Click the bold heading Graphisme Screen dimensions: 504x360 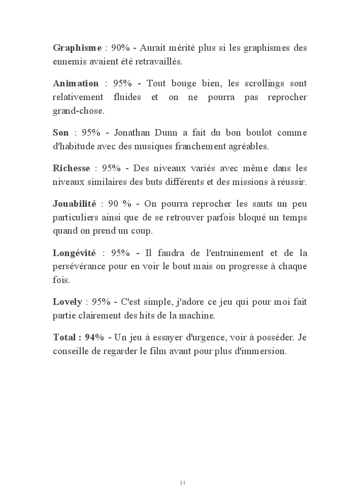77,48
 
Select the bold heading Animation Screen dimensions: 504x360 76,83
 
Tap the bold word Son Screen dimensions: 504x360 60,133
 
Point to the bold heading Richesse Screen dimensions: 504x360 71,168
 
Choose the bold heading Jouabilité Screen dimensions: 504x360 74,204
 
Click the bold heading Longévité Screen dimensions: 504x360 75,253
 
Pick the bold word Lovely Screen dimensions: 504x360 67,302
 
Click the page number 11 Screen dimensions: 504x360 182,482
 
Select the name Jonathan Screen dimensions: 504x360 134,133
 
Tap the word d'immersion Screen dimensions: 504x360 261,351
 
